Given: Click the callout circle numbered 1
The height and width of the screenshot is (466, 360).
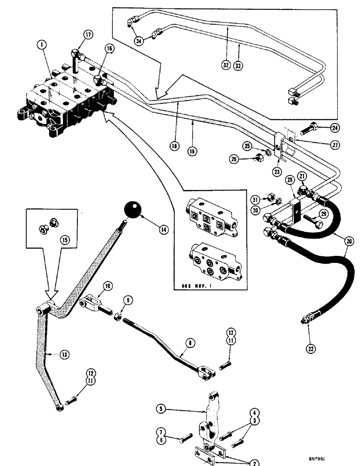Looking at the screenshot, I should pos(43,45).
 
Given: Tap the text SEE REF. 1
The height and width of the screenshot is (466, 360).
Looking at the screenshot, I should pos(192,285).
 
